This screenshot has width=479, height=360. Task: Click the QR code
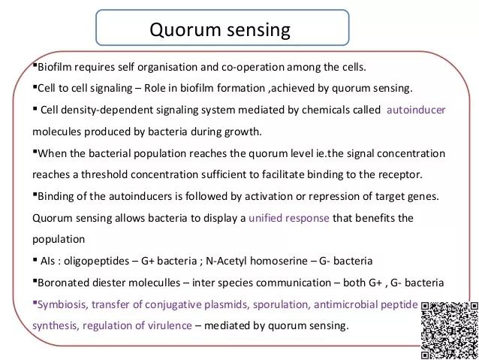(x=450, y=331)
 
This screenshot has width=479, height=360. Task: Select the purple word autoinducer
(x=416, y=110)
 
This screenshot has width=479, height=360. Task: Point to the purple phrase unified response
(x=289, y=218)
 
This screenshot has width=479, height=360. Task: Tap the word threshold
(x=104, y=174)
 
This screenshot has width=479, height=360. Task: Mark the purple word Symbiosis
(x=62, y=304)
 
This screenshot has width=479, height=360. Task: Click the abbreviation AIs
(x=48, y=262)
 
